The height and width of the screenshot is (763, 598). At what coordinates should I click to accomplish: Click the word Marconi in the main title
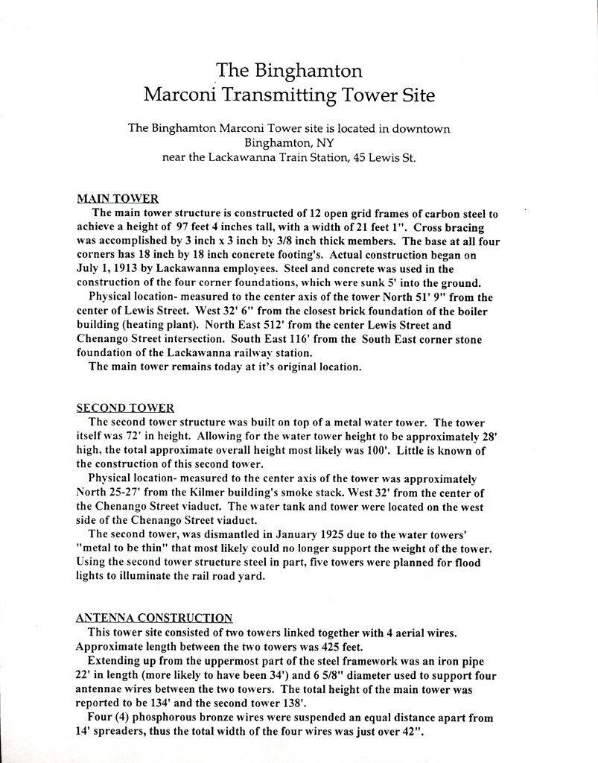(189, 95)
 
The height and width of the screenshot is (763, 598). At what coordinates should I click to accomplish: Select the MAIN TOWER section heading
(118, 199)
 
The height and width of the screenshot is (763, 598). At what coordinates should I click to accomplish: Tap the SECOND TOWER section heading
(125, 408)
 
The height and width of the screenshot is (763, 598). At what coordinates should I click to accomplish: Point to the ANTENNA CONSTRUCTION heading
(154, 618)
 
